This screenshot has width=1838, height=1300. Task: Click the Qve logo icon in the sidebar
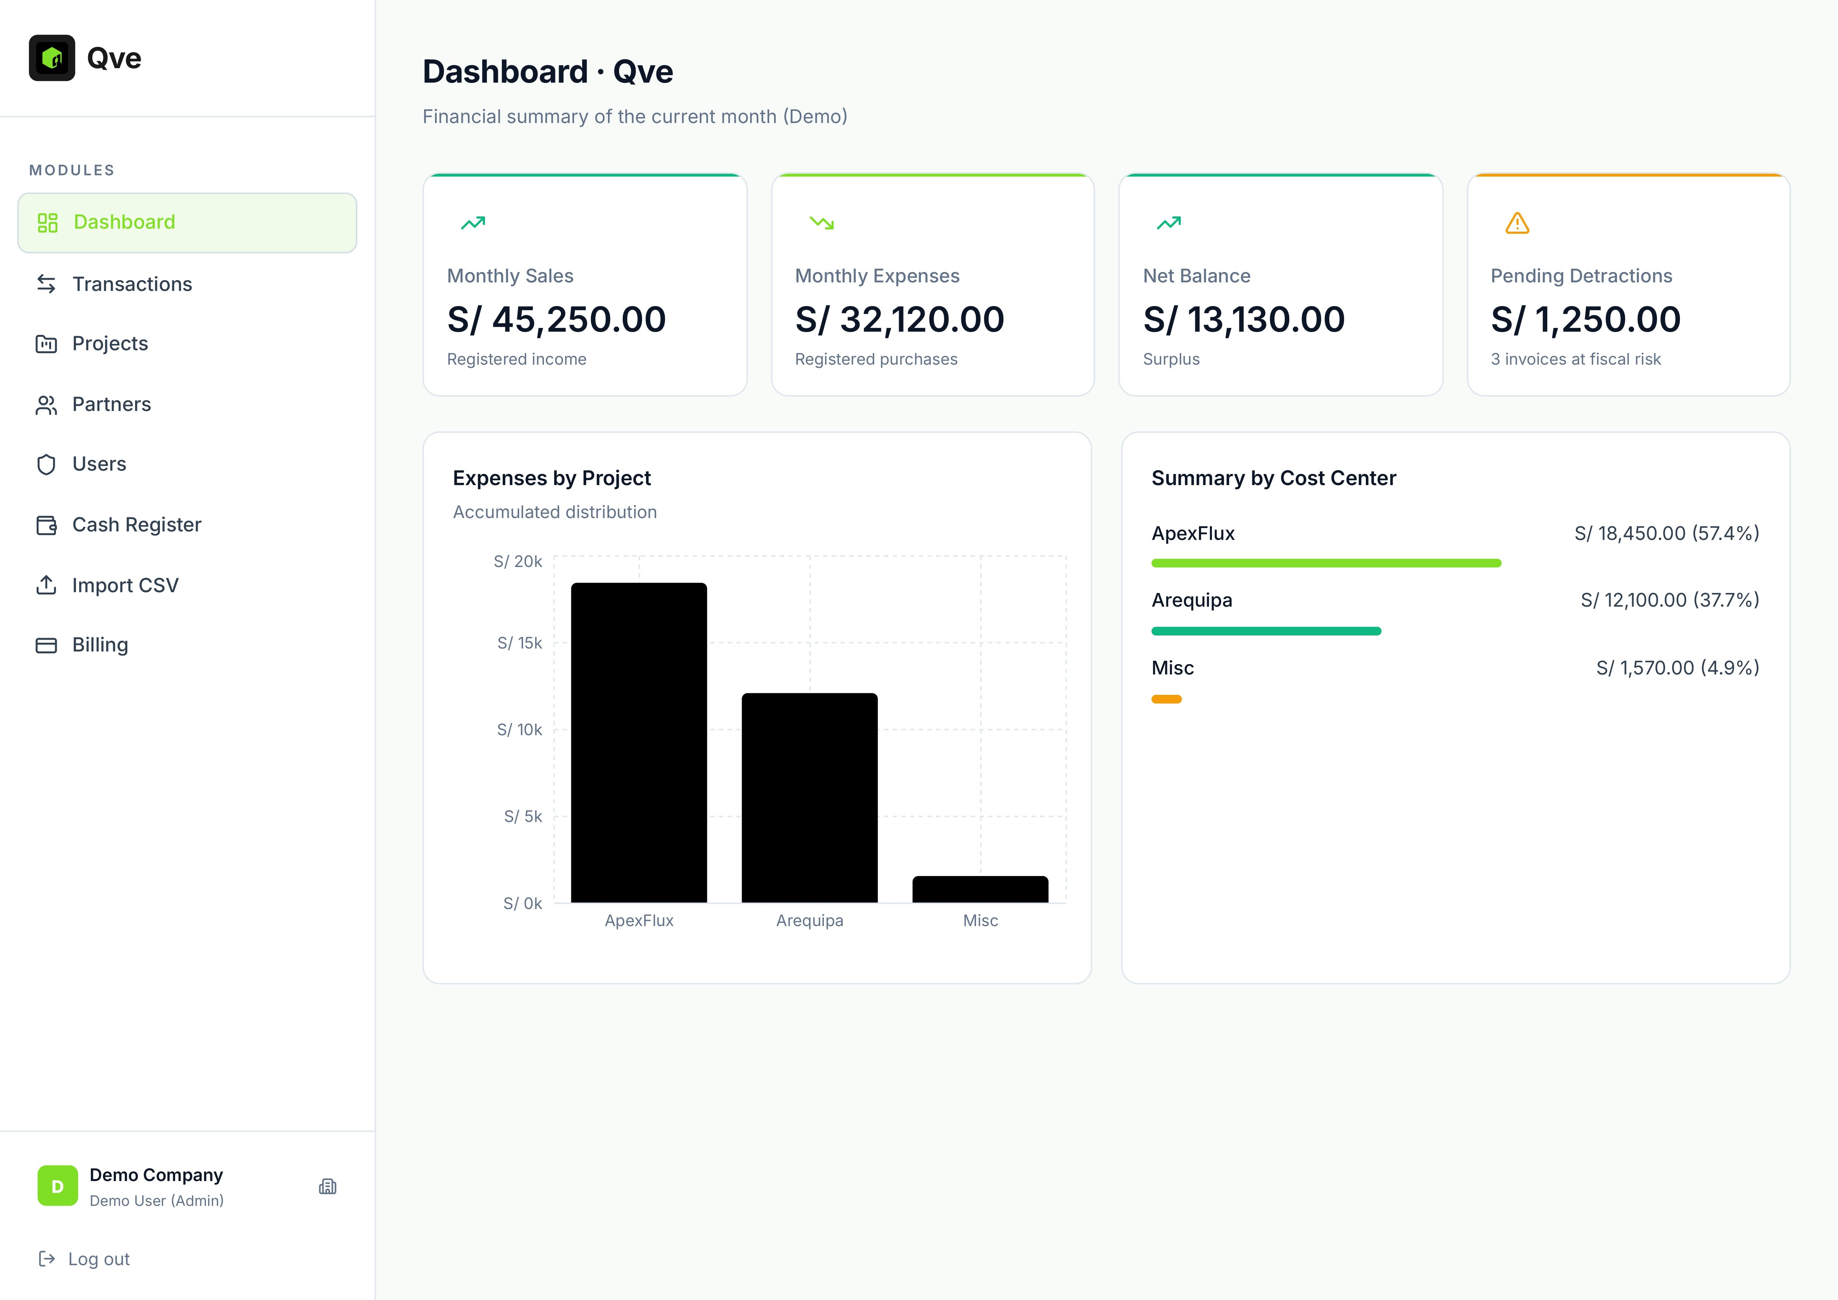[52, 58]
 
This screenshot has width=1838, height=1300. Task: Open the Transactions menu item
[132, 284]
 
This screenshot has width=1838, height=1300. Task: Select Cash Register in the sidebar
[136, 525]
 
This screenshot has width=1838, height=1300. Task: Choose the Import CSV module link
[125, 586]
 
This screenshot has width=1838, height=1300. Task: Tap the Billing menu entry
[100, 645]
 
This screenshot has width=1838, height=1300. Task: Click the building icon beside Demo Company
[327, 1186]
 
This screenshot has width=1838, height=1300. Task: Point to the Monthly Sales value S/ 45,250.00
[557, 319]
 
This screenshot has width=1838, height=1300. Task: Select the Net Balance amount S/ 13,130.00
[1243, 319]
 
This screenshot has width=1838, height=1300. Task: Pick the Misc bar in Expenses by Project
[980, 889]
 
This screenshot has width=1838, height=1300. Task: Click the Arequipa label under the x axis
[809, 920]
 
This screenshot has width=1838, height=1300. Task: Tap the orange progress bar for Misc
[1166, 699]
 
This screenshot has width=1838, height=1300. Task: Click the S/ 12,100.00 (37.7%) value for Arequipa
[1669, 600]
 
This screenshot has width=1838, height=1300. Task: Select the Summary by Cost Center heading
[1273, 478]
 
